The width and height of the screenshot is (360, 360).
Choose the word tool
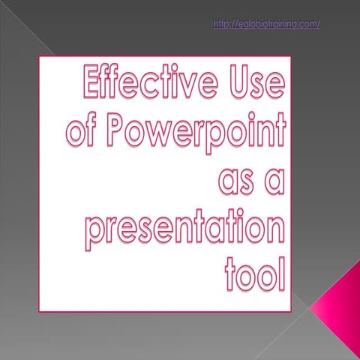coord(255,274)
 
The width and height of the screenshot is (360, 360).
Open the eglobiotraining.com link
coord(267,24)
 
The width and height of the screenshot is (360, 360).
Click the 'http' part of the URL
coord(223,24)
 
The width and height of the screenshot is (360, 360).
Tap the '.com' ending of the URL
coord(307,24)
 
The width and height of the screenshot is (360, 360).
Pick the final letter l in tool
coord(282,274)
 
